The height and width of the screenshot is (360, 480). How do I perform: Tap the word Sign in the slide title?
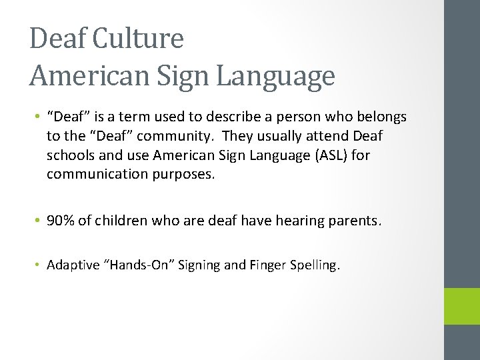(177, 76)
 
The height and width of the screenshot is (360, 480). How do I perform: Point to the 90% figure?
(61, 221)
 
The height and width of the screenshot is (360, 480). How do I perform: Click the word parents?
(357, 221)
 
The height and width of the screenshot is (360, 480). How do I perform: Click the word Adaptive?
(72, 265)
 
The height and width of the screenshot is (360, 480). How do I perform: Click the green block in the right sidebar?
(462, 306)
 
